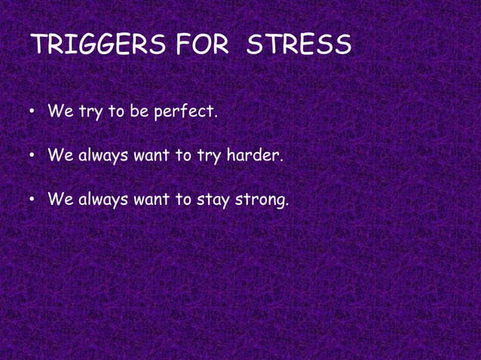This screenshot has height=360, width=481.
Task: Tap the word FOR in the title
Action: pyautogui.click(x=201, y=45)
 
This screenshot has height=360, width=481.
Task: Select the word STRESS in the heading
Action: pyautogui.click(x=299, y=45)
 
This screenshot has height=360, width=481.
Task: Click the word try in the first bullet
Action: pyautogui.click(x=91, y=114)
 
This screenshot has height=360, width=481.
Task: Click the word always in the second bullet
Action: pyautogui.click(x=103, y=157)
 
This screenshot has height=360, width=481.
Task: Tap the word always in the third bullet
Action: pyautogui.click(x=103, y=201)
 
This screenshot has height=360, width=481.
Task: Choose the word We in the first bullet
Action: pyautogui.click(x=60, y=113)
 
